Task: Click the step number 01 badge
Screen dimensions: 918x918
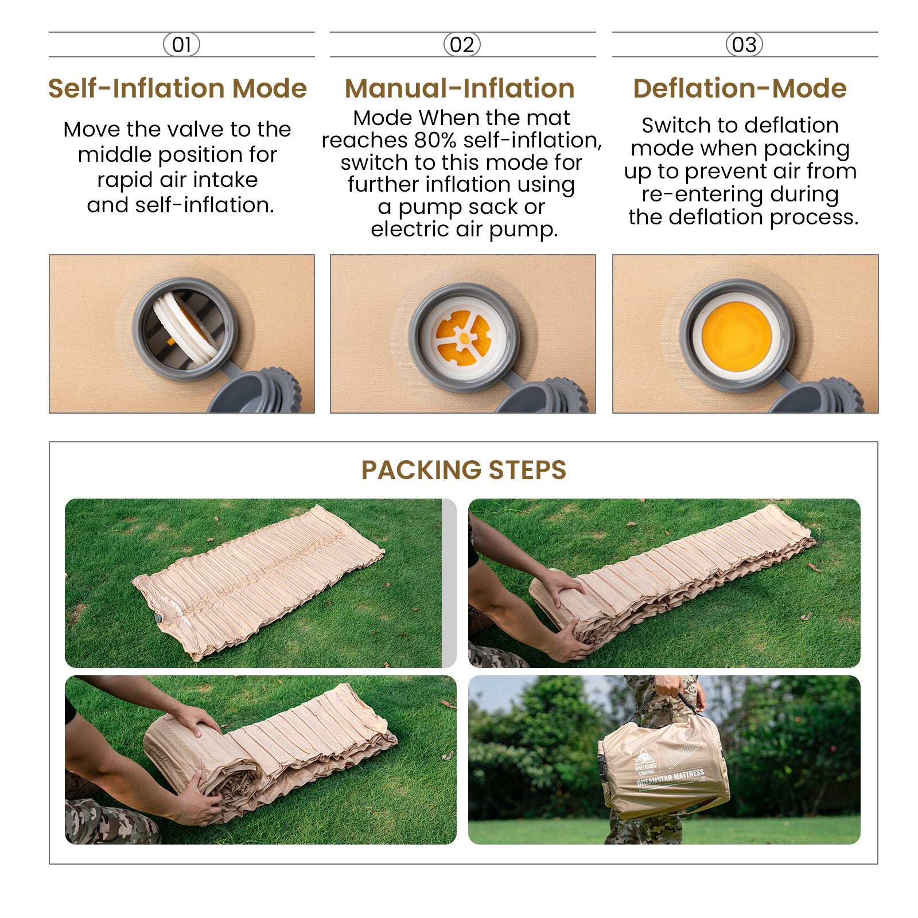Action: tap(181, 45)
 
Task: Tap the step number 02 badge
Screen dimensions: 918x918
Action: tap(462, 45)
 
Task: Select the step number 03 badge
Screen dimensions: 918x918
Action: tap(744, 45)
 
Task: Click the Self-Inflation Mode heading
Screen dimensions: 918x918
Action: tap(177, 88)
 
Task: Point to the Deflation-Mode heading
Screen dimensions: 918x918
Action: tap(740, 88)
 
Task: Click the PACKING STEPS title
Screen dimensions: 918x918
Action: tap(464, 470)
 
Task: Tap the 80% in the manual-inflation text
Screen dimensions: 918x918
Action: tap(435, 140)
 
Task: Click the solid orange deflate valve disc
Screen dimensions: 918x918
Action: tap(737, 336)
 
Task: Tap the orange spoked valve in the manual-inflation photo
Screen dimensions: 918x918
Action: tap(463, 338)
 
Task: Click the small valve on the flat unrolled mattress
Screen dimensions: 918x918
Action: tap(158, 618)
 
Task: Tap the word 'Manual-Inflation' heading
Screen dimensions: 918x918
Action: tap(460, 88)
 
